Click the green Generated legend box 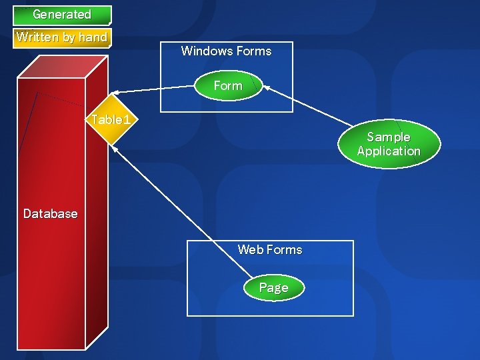coord(62,15)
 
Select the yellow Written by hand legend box coord(62,38)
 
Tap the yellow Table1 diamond coord(111,119)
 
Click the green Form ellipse coord(229,85)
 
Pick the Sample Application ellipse coord(389,144)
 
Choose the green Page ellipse coord(274,287)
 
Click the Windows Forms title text coord(226,51)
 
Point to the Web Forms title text coord(270,249)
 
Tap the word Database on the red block coord(51,214)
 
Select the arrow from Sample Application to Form coord(307,105)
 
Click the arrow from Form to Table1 coord(152,89)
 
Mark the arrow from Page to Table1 coord(182,212)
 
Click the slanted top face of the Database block coord(63,67)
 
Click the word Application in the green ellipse coord(389,151)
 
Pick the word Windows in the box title coord(205,51)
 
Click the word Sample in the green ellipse coord(389,137)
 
